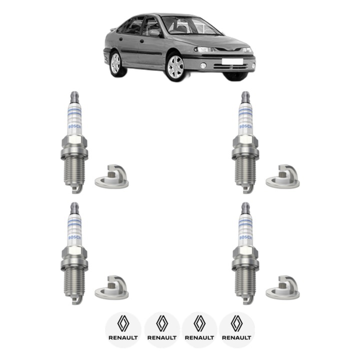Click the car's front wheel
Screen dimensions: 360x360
[175, 67]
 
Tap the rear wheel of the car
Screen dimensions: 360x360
[116, 63]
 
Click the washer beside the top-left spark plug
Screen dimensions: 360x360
[111, 178]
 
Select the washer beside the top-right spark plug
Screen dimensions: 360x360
[282, 178]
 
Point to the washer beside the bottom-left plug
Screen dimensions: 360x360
[111, 289]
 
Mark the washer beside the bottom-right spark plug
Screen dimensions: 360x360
[282, 289]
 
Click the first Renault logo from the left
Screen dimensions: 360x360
[123, 329]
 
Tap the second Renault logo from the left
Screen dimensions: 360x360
[162, 329]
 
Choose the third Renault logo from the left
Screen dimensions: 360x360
[199, 329]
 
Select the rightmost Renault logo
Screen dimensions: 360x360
[237, 329]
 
